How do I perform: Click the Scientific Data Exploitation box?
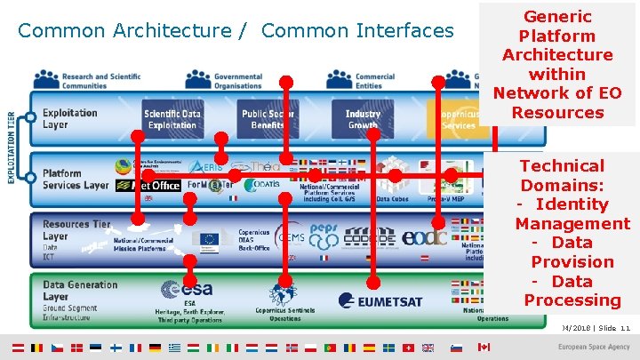[x=172, y=119]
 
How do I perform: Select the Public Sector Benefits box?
[x=268, y=119]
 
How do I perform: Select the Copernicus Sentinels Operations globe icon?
[x=284, y=292]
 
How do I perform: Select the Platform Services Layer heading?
[x=75, y=179]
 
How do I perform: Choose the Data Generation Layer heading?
[x=80, y=290]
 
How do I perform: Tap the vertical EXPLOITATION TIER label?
[x=12, y=147]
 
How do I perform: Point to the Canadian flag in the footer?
[x=484, y=347]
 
